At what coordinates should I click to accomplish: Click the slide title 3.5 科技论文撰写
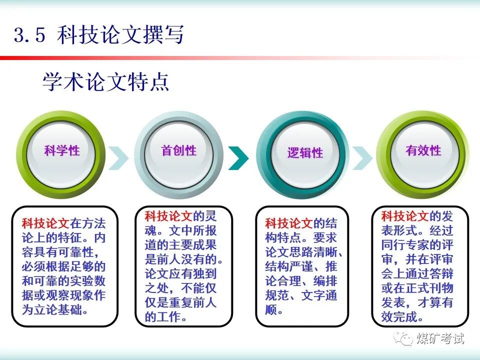tap(98, 35)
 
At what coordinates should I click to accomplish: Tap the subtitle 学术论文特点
tap(105, 82)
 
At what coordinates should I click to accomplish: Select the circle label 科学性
tap(62, 150)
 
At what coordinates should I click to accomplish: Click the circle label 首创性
tap(178, 150)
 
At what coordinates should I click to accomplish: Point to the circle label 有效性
tap(423, 150)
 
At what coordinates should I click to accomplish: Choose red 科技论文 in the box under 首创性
tap(168, 216)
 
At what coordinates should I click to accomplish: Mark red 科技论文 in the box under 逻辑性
tap(289, 223)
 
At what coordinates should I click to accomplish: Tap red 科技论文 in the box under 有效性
tap(405, 216)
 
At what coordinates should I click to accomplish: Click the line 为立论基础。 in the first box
tap(55, 309)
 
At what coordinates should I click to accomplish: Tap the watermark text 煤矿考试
tap(440, 338)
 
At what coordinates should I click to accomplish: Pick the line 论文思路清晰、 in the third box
tap(303, 252)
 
